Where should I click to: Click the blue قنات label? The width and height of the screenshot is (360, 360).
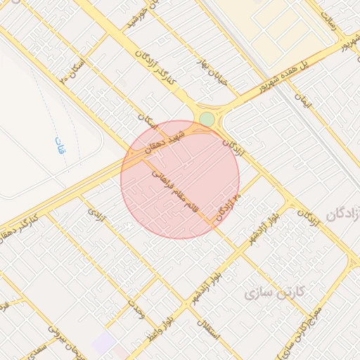click(x=59, y=146)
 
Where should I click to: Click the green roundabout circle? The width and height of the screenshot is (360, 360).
click(x=207, y=119)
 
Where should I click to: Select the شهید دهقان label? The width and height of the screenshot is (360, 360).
click(x=165, y=141)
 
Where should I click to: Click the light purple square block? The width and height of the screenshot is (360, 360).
click(x=104, y=344)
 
